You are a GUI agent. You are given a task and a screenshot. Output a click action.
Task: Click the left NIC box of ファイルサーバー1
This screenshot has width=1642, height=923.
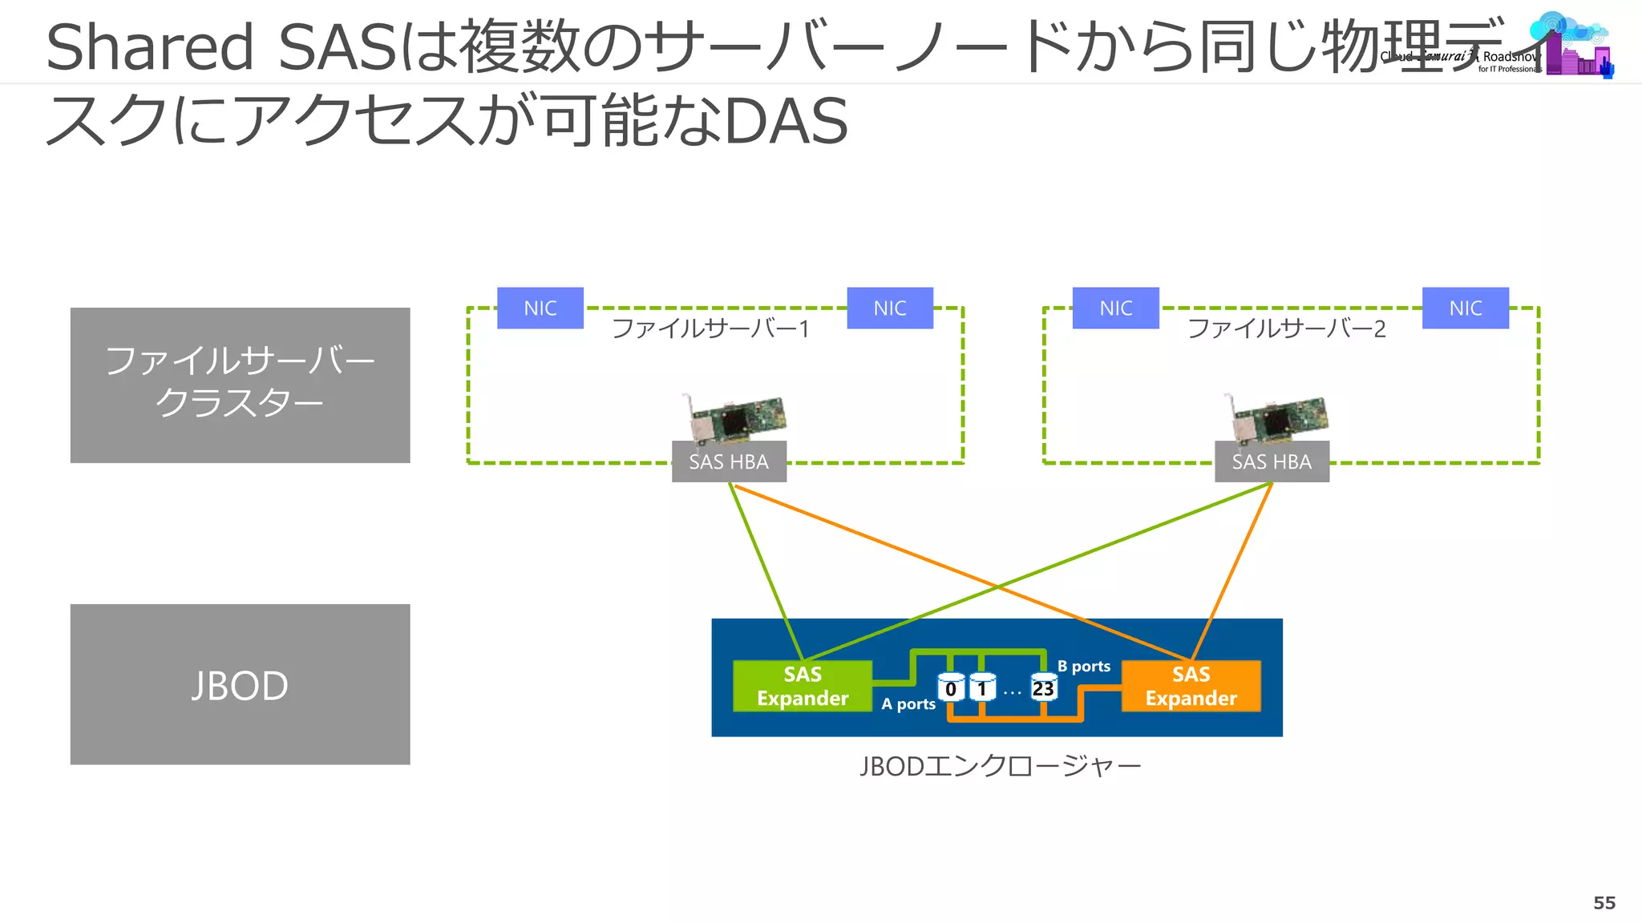540,308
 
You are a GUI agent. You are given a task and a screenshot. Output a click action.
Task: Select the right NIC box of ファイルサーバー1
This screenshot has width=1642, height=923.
890,308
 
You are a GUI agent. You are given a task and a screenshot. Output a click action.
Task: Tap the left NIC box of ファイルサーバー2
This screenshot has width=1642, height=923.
1116,308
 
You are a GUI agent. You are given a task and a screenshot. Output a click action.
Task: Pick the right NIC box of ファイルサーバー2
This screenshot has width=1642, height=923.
1466,308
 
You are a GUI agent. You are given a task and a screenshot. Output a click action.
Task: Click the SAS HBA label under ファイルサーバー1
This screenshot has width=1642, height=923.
729,461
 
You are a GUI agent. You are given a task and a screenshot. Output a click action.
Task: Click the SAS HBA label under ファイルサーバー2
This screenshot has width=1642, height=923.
1272,461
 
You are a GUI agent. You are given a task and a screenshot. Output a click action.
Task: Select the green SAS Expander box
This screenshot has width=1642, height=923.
803,686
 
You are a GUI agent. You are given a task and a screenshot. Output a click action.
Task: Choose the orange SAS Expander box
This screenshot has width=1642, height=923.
1191,686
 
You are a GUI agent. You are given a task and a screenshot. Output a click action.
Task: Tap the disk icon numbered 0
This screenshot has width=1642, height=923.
951,688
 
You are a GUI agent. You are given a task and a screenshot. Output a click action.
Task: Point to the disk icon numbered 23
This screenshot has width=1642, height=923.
1043,688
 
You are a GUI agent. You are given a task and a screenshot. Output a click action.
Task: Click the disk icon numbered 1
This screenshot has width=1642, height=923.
982,688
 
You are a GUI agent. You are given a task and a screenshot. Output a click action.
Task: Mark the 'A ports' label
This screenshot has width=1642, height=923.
908,704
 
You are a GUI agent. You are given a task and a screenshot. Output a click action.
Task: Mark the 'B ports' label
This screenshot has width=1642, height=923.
1084,667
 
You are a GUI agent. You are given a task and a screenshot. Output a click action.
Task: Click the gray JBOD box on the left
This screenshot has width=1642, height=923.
240,684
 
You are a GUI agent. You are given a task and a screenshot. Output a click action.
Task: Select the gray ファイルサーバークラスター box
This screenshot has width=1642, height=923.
240,385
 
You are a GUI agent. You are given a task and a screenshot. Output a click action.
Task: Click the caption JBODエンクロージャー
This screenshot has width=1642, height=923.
1001,767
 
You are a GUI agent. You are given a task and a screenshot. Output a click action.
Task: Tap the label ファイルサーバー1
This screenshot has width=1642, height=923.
710,329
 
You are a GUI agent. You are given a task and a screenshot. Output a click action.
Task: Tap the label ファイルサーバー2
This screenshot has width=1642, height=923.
1286,329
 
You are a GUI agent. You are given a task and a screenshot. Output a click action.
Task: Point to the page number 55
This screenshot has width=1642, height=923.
1604,903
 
